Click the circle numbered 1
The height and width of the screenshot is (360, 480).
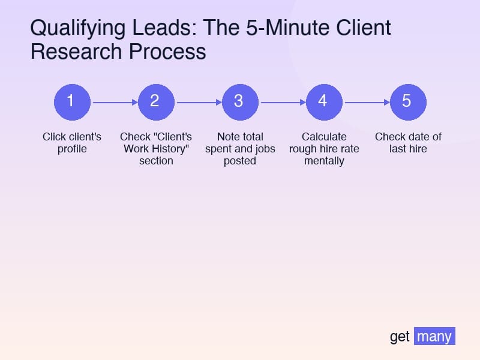point(72,101)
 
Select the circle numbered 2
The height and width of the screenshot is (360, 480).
point(156,101)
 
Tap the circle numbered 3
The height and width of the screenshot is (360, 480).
point(240,101)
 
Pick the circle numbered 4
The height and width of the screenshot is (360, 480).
point(324,101)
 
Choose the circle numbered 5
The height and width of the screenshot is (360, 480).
point(408,101)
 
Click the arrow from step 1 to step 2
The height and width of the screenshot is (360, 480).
point(114,102)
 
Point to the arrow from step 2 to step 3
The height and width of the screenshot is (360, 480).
point(198,102)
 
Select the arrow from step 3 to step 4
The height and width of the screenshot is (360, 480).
point(282,102)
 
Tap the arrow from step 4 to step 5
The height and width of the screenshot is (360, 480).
point(366,102)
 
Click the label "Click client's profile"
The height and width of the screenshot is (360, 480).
point(72,143)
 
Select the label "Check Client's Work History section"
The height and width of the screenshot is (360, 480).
point(156,149)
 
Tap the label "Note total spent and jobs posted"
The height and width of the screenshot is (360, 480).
point(240,149)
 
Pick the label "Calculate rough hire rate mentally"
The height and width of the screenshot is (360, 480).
point(324,149)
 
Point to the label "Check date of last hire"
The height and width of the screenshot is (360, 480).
point(408,143)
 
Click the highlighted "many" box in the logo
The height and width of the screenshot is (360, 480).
point(434,337)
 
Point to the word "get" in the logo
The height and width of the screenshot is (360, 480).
point(400,337)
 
